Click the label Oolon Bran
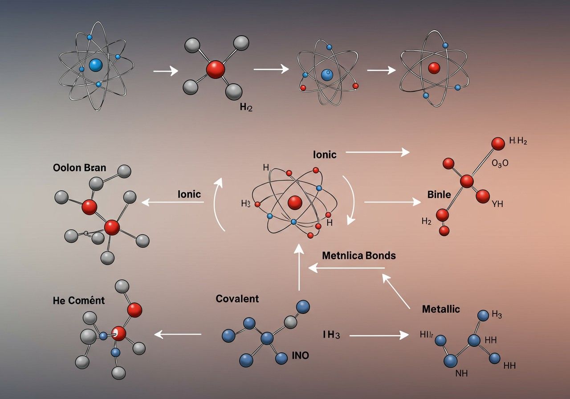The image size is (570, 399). click(79, 168)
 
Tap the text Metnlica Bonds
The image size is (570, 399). click(358, 256)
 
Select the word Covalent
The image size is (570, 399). click(237, 299)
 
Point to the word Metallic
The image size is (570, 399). click(440, 309)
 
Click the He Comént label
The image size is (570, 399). click(78, 301)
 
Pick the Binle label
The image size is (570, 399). click(439, 194)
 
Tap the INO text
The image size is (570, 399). click(300, 355)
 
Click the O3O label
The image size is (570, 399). click(500, 163)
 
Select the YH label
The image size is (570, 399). click(497, 204)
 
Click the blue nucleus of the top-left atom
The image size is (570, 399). click(96, 65)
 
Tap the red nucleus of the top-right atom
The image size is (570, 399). click(434, 68)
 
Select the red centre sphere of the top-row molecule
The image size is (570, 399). click(216, 69)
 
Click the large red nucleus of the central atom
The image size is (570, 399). click(295, 203)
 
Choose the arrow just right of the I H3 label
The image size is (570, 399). click(379, 335)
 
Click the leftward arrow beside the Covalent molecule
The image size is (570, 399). click(178, 334)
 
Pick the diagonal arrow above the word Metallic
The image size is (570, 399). click(396, 292)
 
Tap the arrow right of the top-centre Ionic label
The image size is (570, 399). click(377, 152)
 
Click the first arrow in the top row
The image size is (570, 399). click(165, 71)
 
